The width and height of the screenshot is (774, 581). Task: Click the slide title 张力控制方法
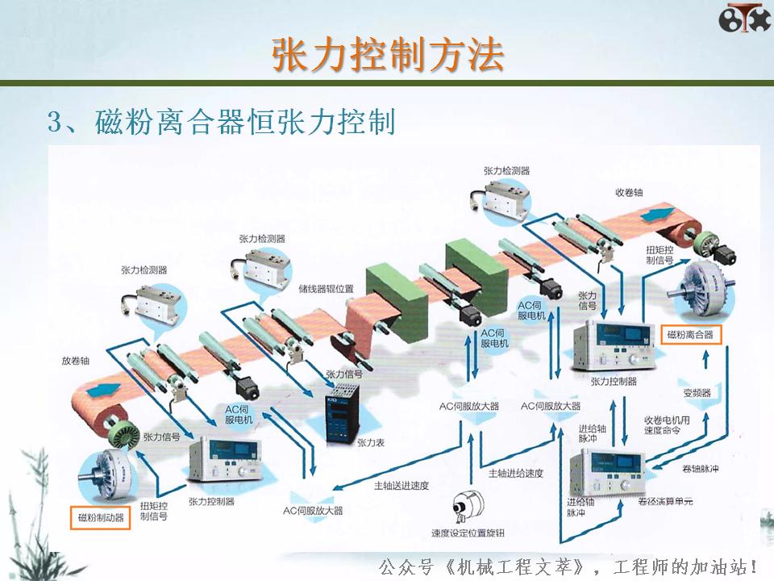click(x=387, y=54)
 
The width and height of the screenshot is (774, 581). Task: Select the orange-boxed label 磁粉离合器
click(x=690, y=333)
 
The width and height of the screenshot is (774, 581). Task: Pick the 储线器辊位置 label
click(x=326, y=288)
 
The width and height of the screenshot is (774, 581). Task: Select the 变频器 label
click(x=697, y=393)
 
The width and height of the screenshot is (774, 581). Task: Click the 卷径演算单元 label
click(x=665, y=501)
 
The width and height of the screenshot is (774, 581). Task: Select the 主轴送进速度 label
click(x=401, y=486)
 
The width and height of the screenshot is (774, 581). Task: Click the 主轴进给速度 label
click(x=516, y=472)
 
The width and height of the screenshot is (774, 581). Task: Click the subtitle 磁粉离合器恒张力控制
click(x=221, y=123)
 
